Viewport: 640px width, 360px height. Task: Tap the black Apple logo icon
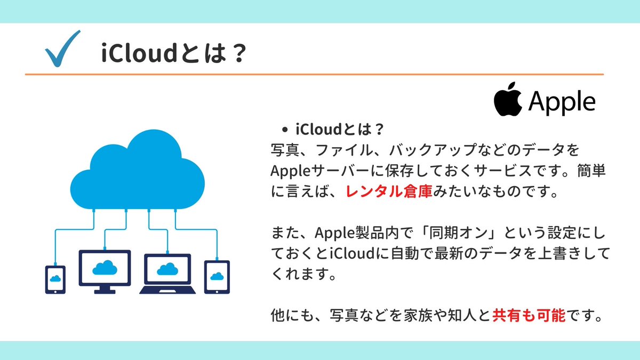(x=507, y=99)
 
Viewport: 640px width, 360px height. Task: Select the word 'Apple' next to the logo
(x=561, y=101)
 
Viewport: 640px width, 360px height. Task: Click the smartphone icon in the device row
(x=55, y=279)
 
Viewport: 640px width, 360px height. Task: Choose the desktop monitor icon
(x=105, y=271)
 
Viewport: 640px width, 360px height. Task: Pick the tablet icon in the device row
(x=217, y=277)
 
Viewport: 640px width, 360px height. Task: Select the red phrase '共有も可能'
(x=529, y=317)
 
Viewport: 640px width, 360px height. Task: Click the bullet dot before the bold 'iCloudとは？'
(x=285, y=130)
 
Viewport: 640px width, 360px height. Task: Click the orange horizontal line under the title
(x=314, y=74)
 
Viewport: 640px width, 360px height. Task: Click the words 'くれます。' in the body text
(x=303, y=275)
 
